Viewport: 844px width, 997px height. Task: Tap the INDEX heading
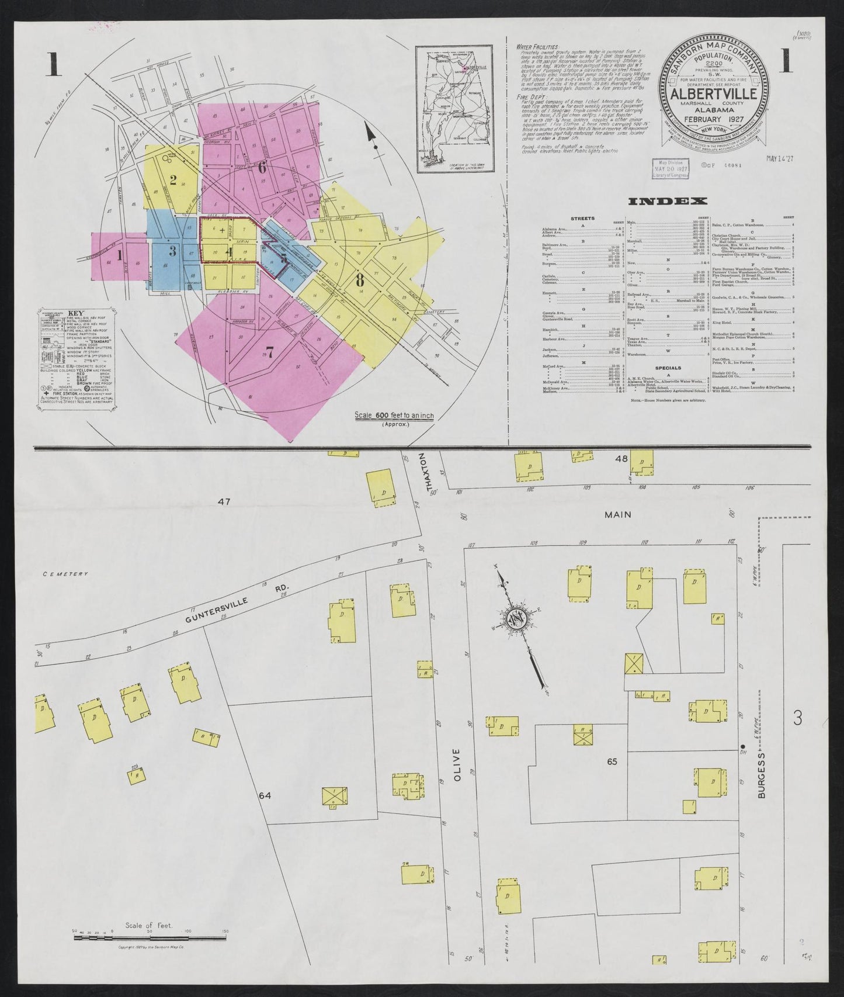click(666, 202)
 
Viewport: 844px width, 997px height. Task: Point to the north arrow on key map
click(370, 133)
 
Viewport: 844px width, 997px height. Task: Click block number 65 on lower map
click(612, 761)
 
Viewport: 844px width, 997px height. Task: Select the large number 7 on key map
click(270, 352)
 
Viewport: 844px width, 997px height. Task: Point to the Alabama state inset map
click(454, 109)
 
